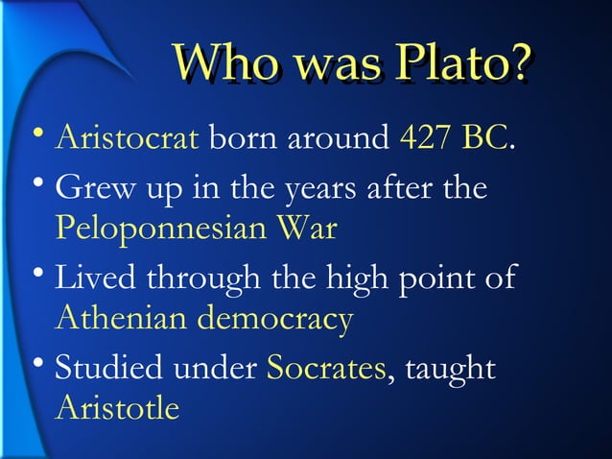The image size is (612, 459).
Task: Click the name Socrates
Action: (x=326, y=368)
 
